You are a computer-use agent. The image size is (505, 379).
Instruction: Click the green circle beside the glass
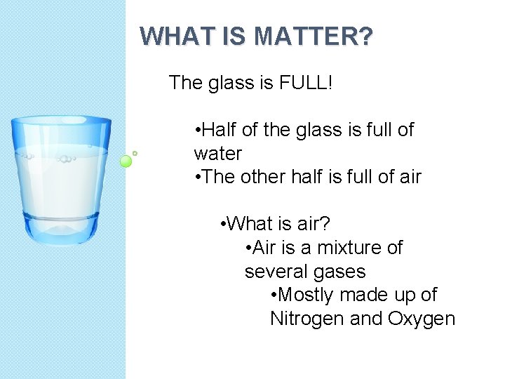(126, 161)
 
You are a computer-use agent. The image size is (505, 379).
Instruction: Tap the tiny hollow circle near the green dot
(135, 152)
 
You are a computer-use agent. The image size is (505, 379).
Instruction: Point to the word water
(217, 153)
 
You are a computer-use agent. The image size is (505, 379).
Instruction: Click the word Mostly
(302, 295)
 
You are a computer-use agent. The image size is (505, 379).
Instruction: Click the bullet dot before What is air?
(222, 225)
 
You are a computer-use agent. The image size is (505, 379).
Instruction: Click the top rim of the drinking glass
(61, 121)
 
